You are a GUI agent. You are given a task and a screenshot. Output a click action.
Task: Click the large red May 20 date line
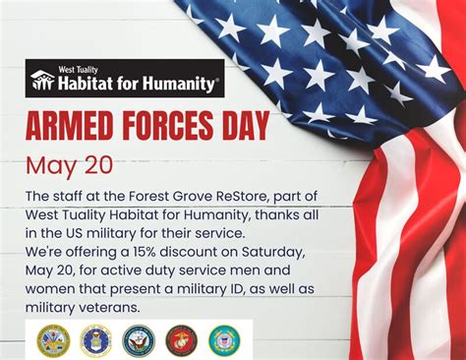pos(70,166)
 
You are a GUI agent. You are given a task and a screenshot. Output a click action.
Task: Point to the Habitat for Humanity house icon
pos(42,80)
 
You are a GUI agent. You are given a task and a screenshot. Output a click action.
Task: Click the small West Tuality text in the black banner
pos(78,70)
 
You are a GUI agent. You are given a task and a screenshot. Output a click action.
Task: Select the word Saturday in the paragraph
pos(272,253)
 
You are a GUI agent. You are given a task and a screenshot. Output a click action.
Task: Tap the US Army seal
pos(53,340)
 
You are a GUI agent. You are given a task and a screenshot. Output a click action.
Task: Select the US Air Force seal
pos(95,340)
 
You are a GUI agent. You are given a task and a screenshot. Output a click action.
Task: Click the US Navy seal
pos(139,340)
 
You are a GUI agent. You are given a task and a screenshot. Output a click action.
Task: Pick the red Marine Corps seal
pos(181,340)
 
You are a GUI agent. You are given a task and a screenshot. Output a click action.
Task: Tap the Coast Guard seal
pos(224,340)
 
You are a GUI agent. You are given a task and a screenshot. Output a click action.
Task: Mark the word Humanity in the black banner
pos(180,83)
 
